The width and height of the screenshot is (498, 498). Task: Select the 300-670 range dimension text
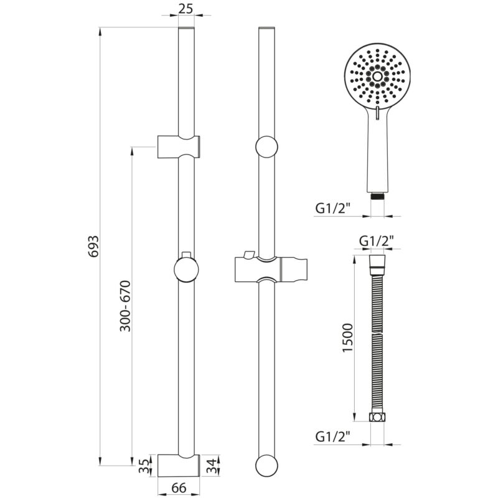coord(125,306)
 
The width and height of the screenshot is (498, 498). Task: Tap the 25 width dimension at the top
coord(186,9)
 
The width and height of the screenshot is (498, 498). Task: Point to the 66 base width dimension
coord(179,488)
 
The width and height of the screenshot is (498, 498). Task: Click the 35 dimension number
coord(144,466)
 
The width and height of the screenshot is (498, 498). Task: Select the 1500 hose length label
coord(348,337)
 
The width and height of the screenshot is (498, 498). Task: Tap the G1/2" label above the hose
coord(377,241)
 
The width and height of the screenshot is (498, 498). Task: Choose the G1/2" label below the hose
coord(332,437)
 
